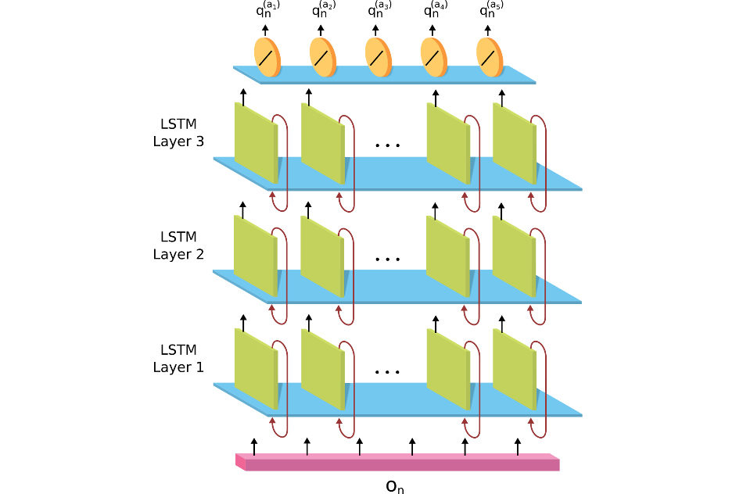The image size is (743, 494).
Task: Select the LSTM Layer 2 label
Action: tap(178, 245)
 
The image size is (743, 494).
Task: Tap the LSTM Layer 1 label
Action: tap(178, 358)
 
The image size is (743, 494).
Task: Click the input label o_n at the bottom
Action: tap(395, 485)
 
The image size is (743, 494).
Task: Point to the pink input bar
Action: tap(399, 464)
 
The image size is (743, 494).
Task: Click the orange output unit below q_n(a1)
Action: tap(267, 57)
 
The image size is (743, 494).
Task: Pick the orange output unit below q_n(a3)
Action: tap(379, 57)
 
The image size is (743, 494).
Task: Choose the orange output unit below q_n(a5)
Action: tap(490, 57)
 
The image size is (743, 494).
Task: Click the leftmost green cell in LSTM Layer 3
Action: tap(256, 141)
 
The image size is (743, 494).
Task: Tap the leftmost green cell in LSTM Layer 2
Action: tap(256, 255)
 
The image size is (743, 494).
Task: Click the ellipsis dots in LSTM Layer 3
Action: tap(387, 145)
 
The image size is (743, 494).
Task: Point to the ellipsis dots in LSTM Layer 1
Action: tap(387, 372)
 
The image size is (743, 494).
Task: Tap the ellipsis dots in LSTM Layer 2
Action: tap(387, 259)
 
